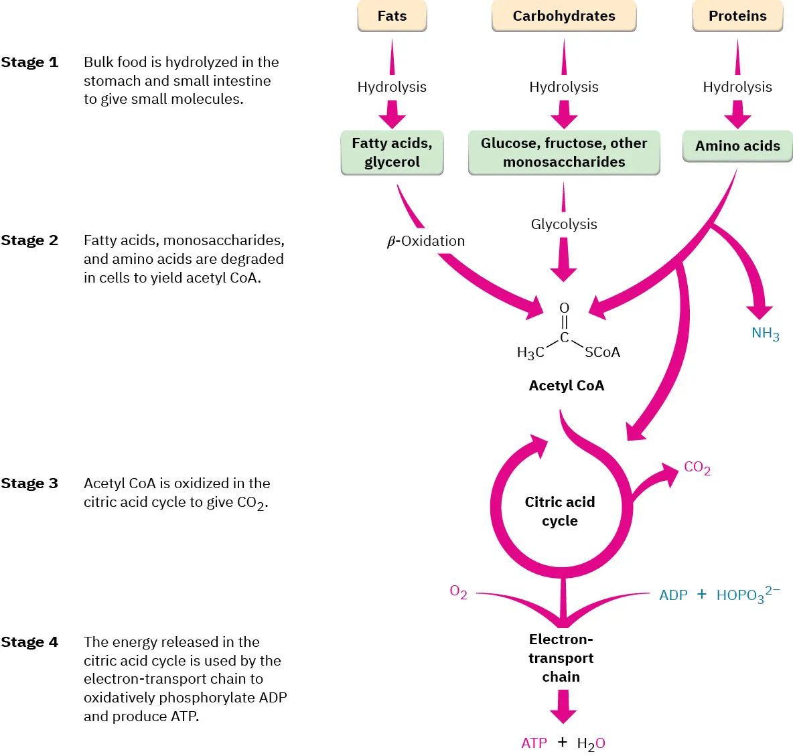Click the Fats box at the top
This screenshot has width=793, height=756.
392,16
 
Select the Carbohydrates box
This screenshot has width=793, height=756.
564,16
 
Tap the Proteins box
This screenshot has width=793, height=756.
737,16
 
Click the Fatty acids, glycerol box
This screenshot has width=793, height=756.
392,153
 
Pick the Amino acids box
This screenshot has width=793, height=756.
737,146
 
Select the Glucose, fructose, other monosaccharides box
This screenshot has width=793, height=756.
564,153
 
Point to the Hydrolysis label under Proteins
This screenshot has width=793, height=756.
737,87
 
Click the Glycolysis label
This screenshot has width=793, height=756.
564,224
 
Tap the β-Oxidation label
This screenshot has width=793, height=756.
426,241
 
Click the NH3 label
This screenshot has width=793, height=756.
765,333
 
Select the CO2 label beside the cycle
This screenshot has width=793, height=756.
697,467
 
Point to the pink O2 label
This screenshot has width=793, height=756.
458,592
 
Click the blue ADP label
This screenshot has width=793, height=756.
673,595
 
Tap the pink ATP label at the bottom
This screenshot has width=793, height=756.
534,743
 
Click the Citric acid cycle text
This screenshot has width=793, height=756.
560,512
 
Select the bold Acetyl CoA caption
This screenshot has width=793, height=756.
567,386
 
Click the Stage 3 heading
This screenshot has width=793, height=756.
29,483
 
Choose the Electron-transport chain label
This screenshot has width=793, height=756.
561,658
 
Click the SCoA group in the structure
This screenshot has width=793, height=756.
602,352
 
